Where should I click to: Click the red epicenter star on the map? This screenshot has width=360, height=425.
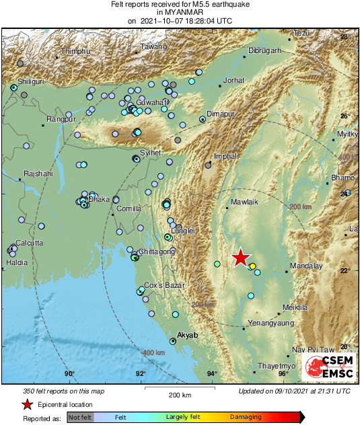[x=240, y=258]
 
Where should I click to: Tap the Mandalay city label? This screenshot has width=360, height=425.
[x=306, y=266]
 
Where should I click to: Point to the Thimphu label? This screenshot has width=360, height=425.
[x=75, y=52]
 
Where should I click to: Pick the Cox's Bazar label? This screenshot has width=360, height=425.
[x=164, y=286]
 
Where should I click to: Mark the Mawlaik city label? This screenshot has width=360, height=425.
[x=244, y=202]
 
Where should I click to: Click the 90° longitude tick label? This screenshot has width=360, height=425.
[x=69, y=375]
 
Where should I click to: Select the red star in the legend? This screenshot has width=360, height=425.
[x=28, y=405]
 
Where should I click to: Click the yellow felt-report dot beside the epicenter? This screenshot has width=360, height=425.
[x=252, y=266]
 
